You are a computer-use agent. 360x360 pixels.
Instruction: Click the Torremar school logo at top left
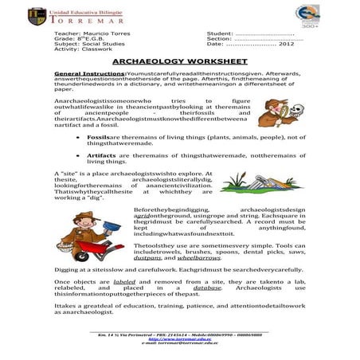pyautogui.click(x=37, y=17)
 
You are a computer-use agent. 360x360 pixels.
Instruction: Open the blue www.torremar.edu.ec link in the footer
pyautogui.click(x=180, y=338)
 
